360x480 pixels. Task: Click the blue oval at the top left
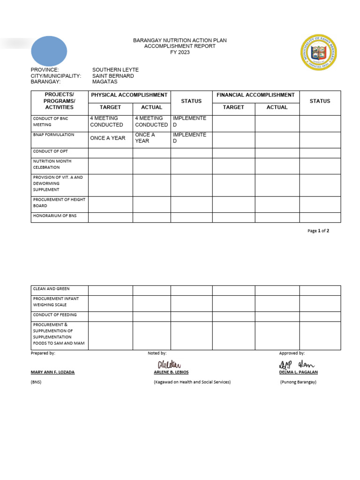[49, 51]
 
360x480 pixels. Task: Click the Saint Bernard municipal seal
[319, 52]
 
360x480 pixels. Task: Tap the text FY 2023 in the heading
[180, 52]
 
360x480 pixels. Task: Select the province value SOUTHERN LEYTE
[115, 70]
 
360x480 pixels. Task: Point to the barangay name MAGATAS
[105, 82]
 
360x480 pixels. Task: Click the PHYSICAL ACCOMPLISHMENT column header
[129, 95]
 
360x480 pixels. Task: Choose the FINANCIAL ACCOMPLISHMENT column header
[255, 95]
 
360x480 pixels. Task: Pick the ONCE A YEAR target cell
[108, 138]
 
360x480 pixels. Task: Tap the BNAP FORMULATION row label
[53, 135]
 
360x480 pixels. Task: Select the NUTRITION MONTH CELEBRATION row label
[52, 164]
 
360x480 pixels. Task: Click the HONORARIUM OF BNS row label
[54, 216]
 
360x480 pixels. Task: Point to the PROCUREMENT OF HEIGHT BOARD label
[59, 202]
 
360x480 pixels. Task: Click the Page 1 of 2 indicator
[318, 231]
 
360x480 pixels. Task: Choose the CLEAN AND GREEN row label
[51, 289]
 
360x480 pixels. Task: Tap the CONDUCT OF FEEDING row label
[55, 315]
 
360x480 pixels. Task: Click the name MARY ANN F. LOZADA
[52, 372]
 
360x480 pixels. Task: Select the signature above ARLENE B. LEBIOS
[169, 365]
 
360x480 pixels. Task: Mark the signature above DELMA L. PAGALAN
[297, 365]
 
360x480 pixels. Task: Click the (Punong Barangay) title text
[298, 382]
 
